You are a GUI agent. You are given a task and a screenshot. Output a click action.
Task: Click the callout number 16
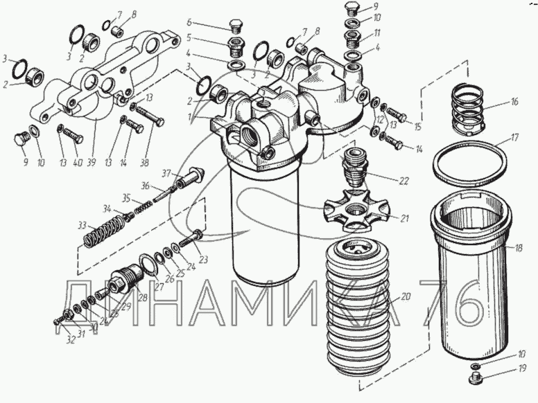(x=514, y=102)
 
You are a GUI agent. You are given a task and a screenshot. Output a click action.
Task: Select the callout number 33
(x=83, y=225)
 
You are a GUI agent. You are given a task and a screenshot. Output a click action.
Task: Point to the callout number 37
(x=166, y=172)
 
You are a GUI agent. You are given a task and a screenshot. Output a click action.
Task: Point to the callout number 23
(x=203, y=260)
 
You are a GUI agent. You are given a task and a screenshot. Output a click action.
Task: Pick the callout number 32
(x=69, y=339)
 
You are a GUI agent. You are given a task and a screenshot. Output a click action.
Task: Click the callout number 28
(x=144, y=298)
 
